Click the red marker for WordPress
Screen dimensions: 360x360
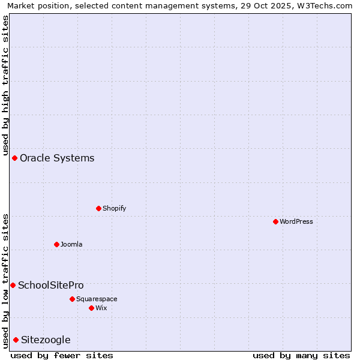pyautogui.click(x=275, y=221)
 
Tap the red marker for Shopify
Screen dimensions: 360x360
pyautogui.click(x=98, y=208)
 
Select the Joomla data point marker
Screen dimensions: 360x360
pyautogui.click(x=56, y=244)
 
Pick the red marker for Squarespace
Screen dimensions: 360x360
pyautogui.click(x=72, y=299)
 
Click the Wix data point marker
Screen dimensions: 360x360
pyautogui.click(x=91, y=308)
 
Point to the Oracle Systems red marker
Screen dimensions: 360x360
pyautogui.click(x=14, y=158)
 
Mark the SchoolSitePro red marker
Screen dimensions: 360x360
pyautogui.click(x=13, y=285)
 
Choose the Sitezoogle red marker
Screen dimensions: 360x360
pyautogui.click(x=16, y=340)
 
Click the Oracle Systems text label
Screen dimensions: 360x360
pyautogui.click(x=57, y=158)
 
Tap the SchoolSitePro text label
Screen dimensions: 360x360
pyautogui.click(x=51, y=286)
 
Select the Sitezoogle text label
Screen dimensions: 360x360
pyautogui.click(x=46, y=340)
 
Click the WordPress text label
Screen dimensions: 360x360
pyautogui.click(x=296, y=222)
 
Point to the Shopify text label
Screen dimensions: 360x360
pyautogui.click(x=114, y=209)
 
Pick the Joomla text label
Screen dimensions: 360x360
pyautogui.click(x=71, y=245)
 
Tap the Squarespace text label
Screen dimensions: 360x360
pyautogui.click(x=97, y=299)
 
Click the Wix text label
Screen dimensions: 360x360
pyautogui.click(x=101, y=308)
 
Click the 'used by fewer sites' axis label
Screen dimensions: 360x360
pyautogui.click(x=62, y=355)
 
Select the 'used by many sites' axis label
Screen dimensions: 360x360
pyautogui.click(x=301, y=355)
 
